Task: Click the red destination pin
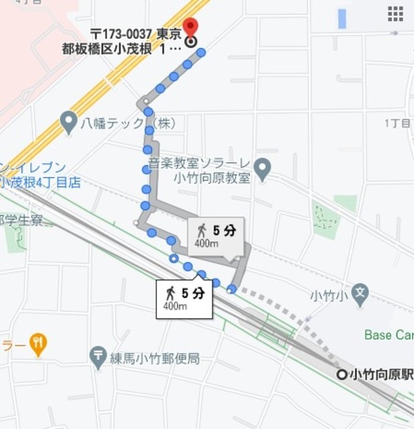tap(190, 27)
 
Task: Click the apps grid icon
tap(395, 14)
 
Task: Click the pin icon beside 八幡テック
tap(68, 122)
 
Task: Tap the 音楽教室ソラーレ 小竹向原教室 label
tap(199, 171)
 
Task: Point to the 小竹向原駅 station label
tap(381, 374)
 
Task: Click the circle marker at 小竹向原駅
tap(342, 375)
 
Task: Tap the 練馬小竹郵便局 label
tap(155, 359)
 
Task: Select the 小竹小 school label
tap(329, 295)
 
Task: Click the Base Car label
tap(389, 334)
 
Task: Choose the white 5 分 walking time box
tap(184, 298)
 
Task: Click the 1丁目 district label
tap(397, 123)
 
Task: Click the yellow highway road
tap(100, 87)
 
